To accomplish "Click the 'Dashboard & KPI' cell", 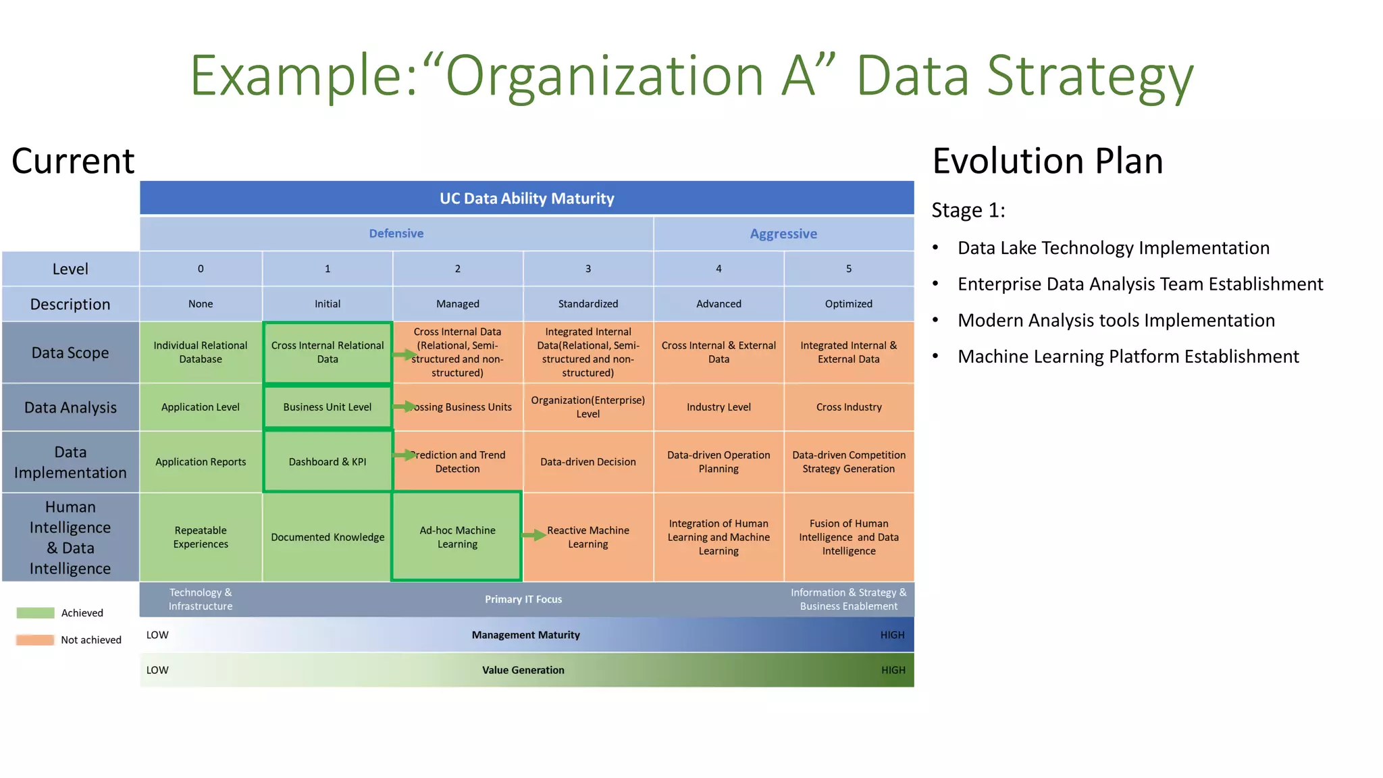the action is pos(328,462).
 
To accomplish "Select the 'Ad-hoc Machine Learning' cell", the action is pos(457,537).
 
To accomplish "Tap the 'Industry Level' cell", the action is pos(719,407).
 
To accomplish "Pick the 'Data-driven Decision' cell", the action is pos(588,462).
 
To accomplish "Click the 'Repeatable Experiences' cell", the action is pos(201,537).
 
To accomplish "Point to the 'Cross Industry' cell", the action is pos(849,407).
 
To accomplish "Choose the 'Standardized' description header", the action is pos(588,304).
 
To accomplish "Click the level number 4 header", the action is pos(719,269).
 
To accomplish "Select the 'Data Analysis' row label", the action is pos(70,407).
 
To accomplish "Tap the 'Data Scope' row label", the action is pos(70,353).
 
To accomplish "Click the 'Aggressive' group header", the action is pos(783,234).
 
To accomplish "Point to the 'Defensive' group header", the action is pos(396,234).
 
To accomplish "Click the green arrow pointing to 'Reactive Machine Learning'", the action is pos(534,536).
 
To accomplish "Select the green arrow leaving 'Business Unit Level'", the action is pos(405,407).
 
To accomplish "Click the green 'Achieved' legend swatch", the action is pos(35,613).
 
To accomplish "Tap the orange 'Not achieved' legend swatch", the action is pos(35,640).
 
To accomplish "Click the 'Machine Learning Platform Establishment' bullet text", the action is pos(1128,357).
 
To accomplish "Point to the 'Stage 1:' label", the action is pos(968,211).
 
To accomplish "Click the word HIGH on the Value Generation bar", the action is pos(893,670).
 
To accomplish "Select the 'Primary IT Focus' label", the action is pos(523,600).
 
